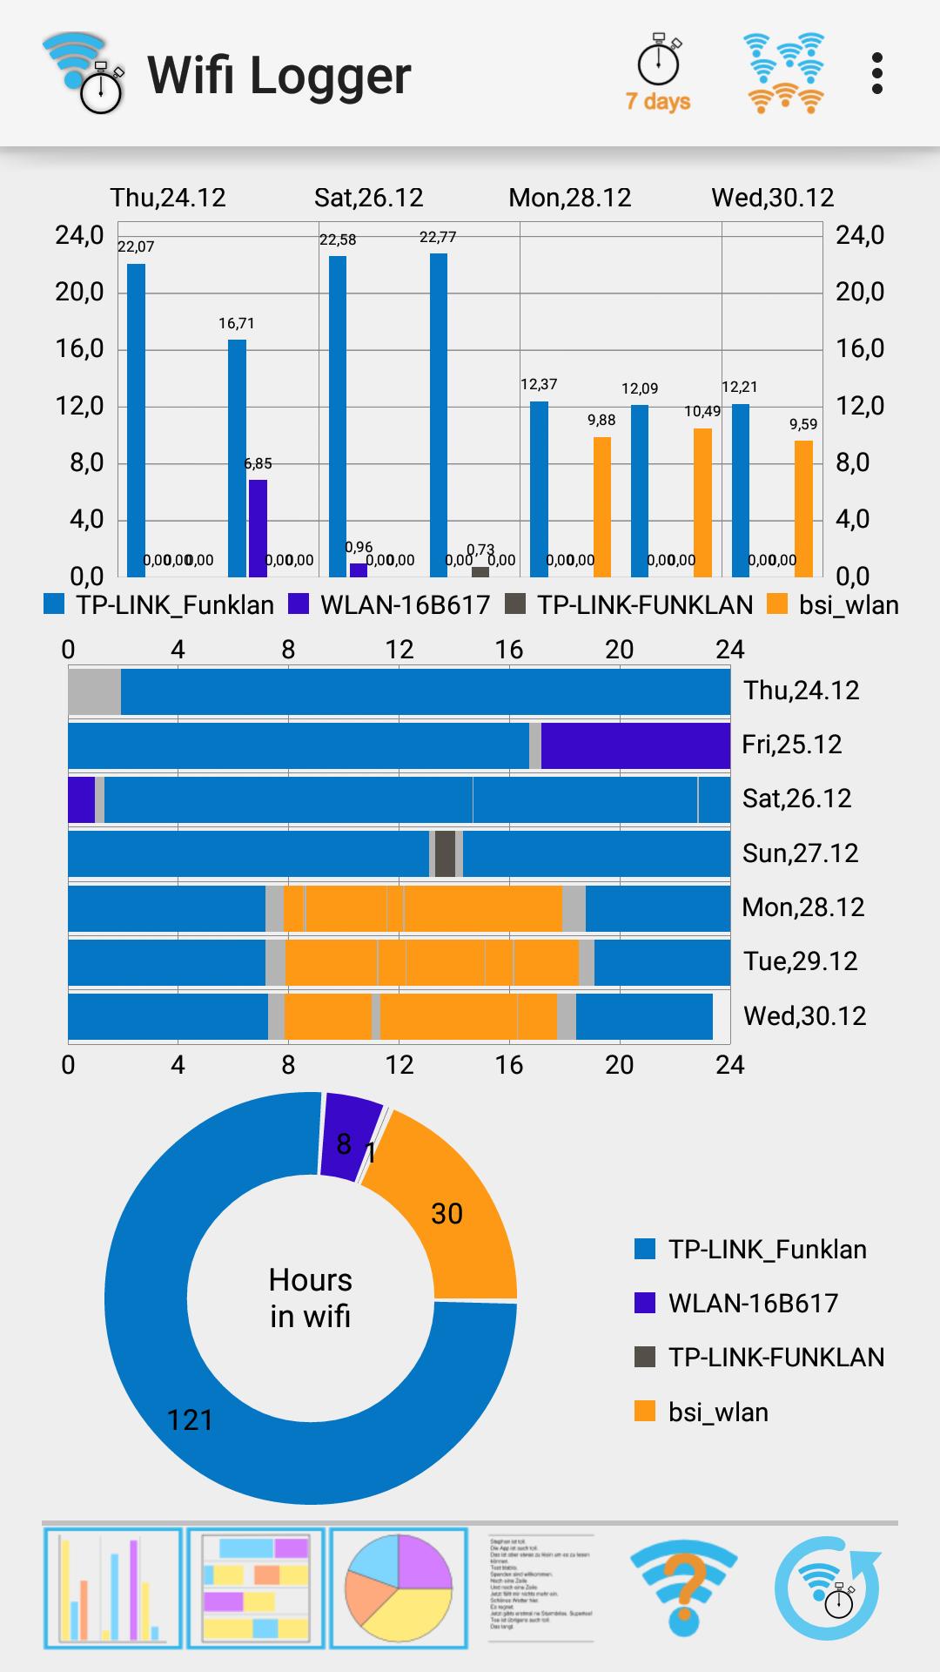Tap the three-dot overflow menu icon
click(876, 74)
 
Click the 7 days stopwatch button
click(659, 75)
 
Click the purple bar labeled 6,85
click(258, 528)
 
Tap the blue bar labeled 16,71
click(237, 458)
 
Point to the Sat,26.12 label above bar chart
click(368, 198)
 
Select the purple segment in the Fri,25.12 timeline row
click(635, 745)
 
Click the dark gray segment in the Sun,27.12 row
click(445, 853)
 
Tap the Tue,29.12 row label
click(800, 961)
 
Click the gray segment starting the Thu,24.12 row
click(94, 691)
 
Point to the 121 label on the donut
click(190, 1420)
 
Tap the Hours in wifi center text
click(310, 1298)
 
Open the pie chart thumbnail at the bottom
click(399, 1588)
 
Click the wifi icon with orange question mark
click(683, 1588)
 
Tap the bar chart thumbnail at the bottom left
click(112, 1588)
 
